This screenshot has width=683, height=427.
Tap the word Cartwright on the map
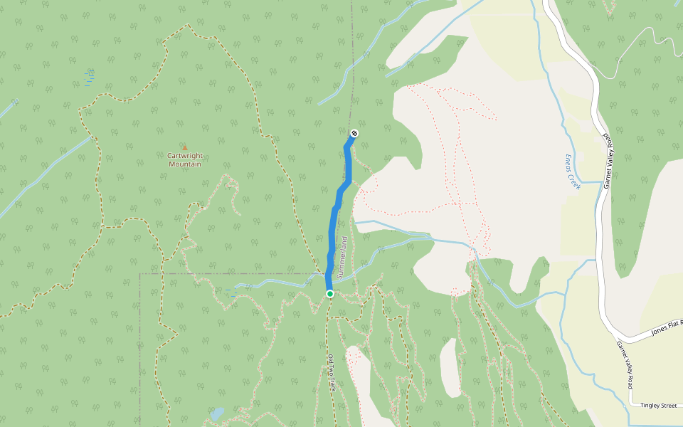(184, 156)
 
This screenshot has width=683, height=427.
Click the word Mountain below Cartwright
(184, 164)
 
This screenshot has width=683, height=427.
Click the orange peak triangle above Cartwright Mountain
(184, 147)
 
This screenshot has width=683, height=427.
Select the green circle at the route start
(330, 293)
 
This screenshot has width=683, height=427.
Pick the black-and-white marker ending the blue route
(354, 133)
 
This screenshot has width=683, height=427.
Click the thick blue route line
(334, 221)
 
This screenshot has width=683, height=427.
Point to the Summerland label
(344, 257)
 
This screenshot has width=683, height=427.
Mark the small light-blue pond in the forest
(217, 413)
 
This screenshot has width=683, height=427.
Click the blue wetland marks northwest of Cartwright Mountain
(90, 78)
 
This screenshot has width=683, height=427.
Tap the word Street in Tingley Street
(669, 406)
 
